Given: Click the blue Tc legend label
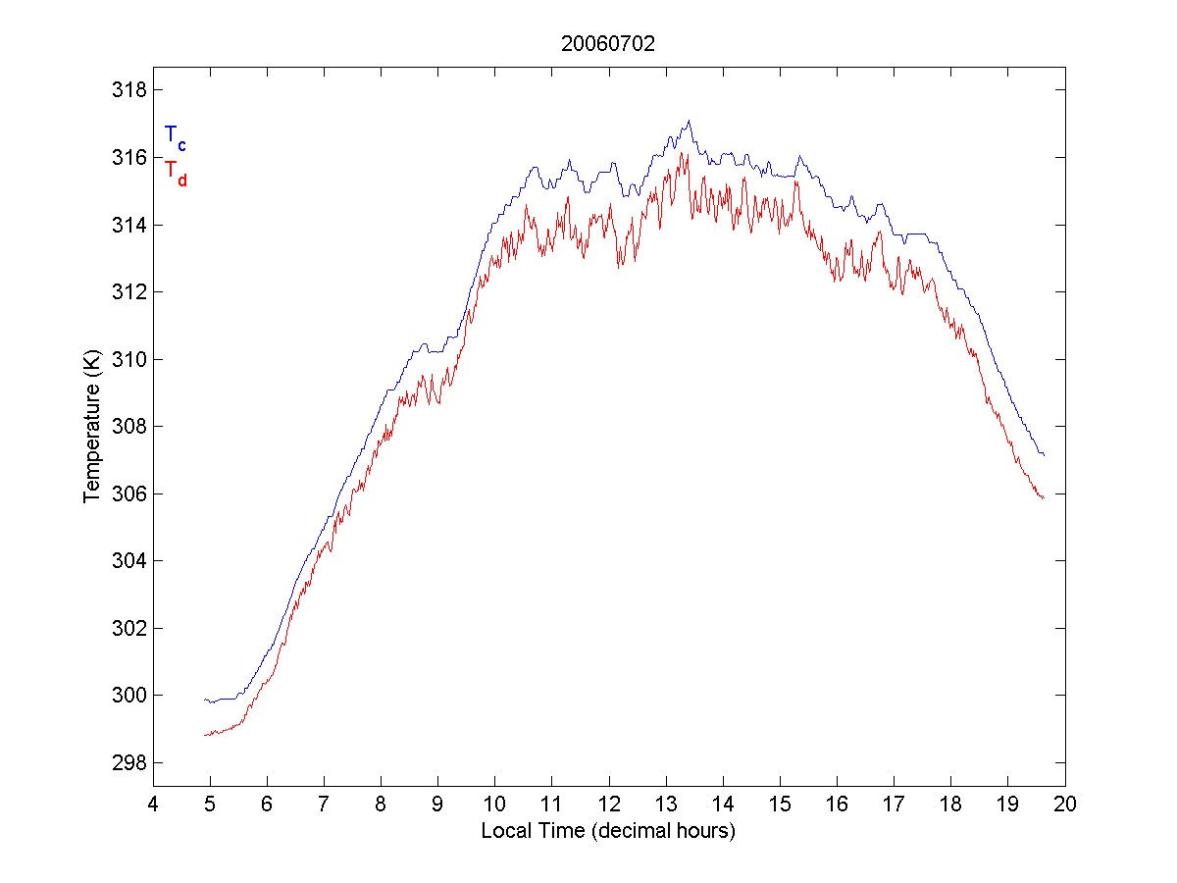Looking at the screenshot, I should coord(175,137).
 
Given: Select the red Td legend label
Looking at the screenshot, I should coord(175,172).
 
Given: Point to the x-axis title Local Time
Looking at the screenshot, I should coord(608,831).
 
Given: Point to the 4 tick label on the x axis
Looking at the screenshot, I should coord(153,805).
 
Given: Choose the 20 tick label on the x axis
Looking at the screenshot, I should coord(1066,805).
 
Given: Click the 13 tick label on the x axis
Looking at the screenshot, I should coord(666,805).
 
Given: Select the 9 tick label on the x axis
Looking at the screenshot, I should coord(437,805).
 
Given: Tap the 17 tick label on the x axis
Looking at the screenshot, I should coord(895,805).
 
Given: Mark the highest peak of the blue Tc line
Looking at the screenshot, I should coord(690,121).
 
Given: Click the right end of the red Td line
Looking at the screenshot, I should coord(1044,498).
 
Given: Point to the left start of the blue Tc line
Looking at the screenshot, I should coord(204,700).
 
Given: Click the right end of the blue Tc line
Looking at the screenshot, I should coord(1045,456).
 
